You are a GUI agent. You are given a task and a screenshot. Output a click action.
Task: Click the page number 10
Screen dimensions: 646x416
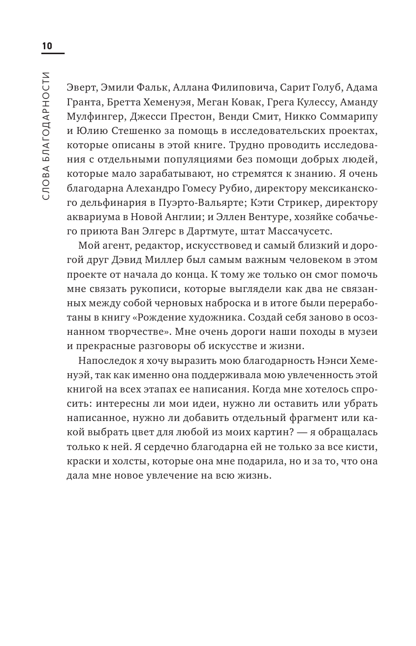pyautogui.click(x=47, y=46)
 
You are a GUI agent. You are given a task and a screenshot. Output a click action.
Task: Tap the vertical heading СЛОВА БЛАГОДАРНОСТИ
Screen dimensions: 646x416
pyautogui.click(x=47, y=135)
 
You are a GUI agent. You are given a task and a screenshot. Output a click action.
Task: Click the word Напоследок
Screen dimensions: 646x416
pyautogui.click(x=105, y=363)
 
